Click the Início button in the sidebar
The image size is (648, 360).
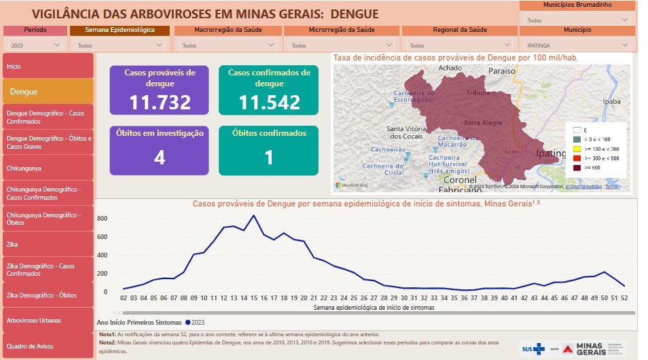tap(48, 66)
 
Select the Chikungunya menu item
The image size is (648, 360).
tap(48, 167)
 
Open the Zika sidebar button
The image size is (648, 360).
tap(48, 244)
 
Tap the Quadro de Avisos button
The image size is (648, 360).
tap(48, 346)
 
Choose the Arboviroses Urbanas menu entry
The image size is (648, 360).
tap(48, 321)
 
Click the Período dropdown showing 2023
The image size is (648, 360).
tap(35, 46)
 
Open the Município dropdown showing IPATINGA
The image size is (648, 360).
tap(577, 46)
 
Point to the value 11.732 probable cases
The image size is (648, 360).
tap(160, 103)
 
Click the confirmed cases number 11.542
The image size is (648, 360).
tap(269, 103)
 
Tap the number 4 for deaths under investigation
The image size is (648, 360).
tap(160, 158)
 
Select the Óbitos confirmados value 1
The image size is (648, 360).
tap(268, 158)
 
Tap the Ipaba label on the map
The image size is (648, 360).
tap(611, 101)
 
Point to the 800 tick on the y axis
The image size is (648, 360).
tap(102, 219)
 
